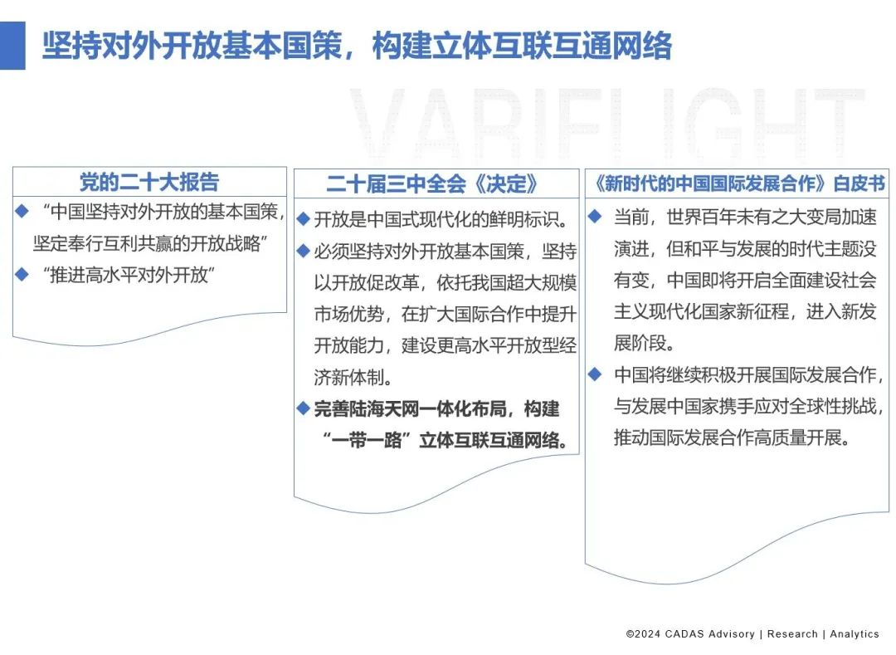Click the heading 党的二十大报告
click(x=149, y=182)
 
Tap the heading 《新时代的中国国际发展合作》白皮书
click(x=736, y=183)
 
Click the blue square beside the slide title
click(x=12, y=46)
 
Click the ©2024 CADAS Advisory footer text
click(x=690, y=633)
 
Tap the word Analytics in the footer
click(x=854, y=633)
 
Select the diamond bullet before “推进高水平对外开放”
click(x=22, y=274)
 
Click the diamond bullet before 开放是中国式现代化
click(x=304, y=220)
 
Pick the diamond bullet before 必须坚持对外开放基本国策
click(x=304, y=251)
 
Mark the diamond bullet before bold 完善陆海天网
click(x=304, y=408)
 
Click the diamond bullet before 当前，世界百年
click(x=595, y=218)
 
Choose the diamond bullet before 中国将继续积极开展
click(x=595, y=374)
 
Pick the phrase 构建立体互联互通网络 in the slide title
click(x=522, y=46)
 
